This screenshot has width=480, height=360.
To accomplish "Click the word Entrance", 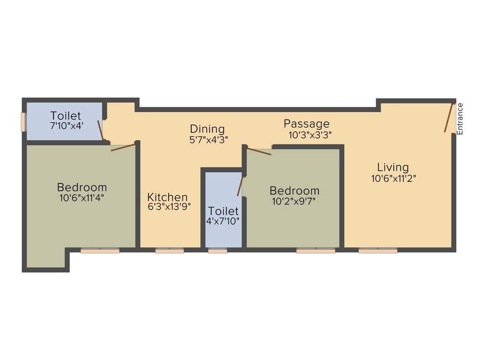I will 460,119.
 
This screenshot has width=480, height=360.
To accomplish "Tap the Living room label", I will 393,167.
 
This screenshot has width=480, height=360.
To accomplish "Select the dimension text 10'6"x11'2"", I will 393,178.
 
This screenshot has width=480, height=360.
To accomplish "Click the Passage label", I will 307,124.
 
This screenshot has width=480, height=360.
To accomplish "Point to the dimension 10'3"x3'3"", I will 310,135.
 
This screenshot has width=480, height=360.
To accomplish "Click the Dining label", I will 207,129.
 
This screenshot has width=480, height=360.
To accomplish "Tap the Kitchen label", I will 167,197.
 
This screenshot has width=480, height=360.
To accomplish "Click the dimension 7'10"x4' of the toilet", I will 67,126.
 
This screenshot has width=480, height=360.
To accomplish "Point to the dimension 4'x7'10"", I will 223,221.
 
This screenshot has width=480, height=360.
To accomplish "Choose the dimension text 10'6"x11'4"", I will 82,198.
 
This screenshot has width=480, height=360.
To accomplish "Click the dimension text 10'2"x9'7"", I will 294,202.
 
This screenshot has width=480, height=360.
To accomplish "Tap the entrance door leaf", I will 449,118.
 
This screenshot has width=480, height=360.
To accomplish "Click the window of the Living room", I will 378,251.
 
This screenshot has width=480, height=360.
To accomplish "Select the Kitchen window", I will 169,251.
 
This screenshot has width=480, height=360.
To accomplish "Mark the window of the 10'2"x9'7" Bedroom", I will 315,251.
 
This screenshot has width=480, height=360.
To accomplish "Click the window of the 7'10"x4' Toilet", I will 23,122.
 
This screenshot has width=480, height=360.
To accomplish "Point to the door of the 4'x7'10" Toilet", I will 240,186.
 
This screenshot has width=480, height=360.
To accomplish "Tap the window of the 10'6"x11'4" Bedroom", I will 100,251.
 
